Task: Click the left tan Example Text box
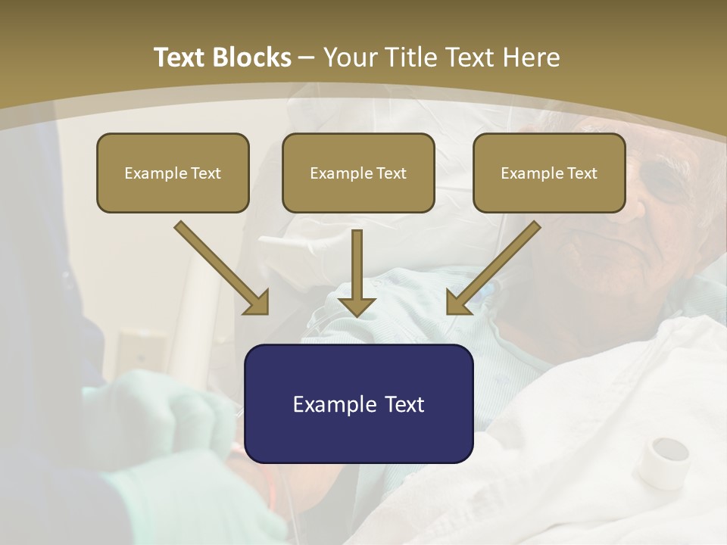point(173,173)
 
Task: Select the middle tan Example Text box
point(358,173)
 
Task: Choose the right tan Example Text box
point(549,173)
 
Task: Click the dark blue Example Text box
point(358,403)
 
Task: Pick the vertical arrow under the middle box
point(357,272)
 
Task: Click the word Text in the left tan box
point(206,173)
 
